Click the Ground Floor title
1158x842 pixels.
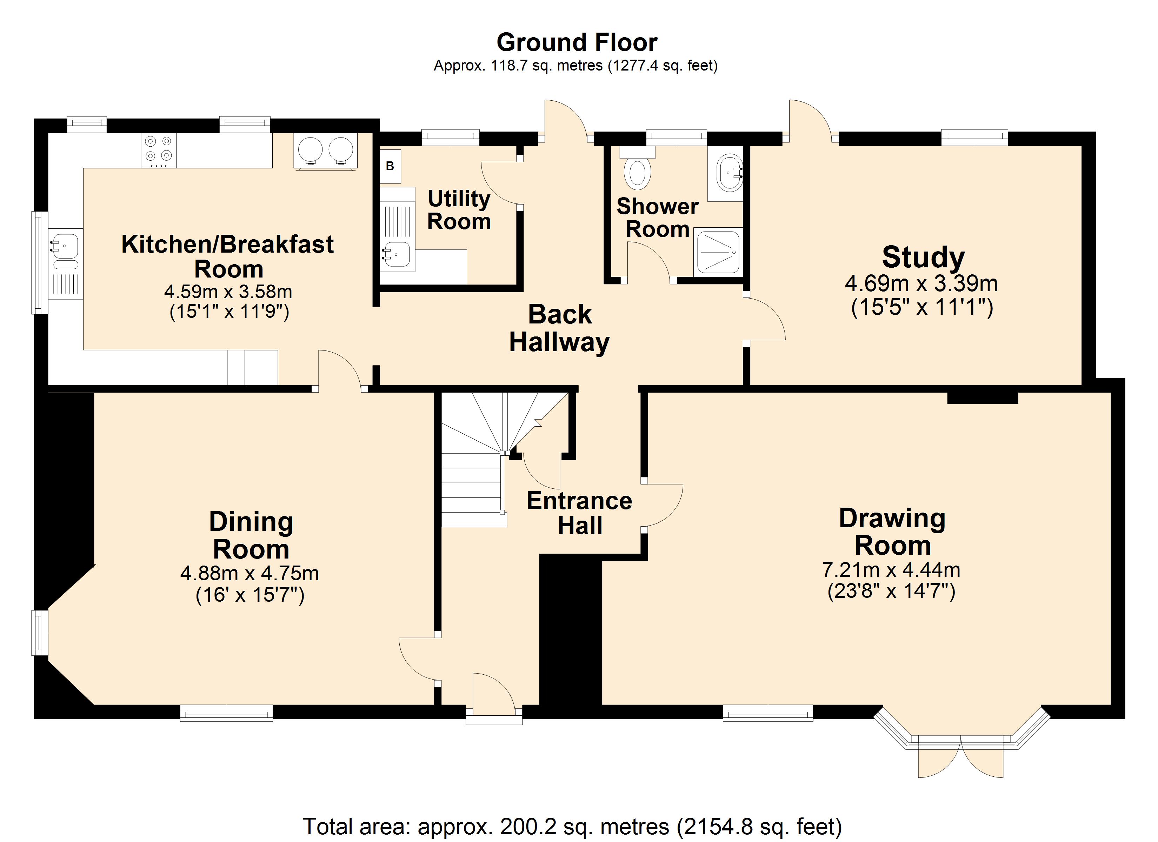tap(577, 42)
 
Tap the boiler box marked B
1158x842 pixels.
tap(390, 166)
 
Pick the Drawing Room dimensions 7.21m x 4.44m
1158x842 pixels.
tap(891, 569)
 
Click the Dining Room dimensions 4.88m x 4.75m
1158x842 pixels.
tap(250, 573)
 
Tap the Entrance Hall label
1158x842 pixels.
tap(579, 513)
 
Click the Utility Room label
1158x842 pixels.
tap(459, 210)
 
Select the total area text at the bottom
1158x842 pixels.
tap(572, 826)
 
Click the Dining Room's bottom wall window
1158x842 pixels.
tap(227, 713)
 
